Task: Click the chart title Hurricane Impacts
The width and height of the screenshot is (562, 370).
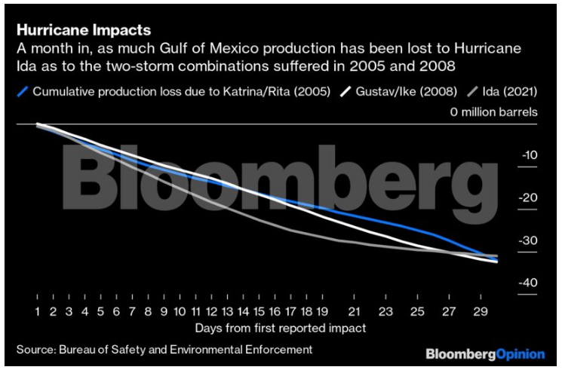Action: [83, 31]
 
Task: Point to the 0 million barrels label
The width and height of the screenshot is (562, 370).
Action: [493, 112]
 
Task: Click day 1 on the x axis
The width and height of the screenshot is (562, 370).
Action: [37, 310]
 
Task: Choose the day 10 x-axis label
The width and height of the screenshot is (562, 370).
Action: [180, 310]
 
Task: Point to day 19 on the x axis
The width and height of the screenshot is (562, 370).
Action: [322, 310]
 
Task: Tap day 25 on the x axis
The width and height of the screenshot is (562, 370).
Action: [417, 310]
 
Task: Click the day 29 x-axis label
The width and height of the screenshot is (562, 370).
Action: [481, 310]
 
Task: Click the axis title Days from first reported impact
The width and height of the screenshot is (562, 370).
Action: [280, 328]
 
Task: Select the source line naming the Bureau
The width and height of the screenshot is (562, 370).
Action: [164, 350]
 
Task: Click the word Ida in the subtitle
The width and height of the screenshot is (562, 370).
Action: [26, 66]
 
